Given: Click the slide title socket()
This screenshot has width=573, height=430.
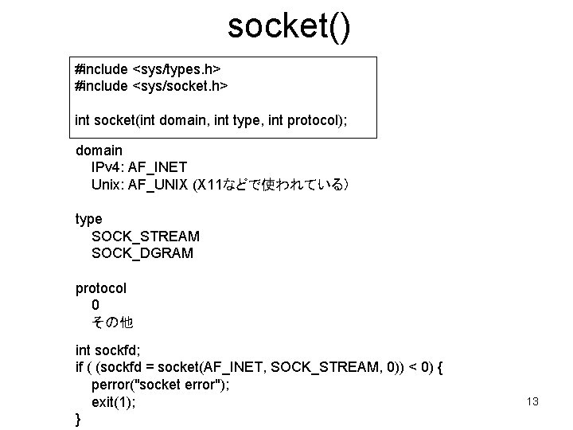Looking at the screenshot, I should click(288, 26).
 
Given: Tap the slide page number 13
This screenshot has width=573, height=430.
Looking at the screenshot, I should click(532, 401).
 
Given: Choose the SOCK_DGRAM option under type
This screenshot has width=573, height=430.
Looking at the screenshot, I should click(142, 254).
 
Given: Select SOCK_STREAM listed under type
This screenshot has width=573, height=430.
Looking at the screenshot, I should click(146, 236).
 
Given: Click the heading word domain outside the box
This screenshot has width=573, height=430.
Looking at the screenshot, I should click(99, 150).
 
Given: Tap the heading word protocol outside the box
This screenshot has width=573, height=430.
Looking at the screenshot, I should click(101, 288).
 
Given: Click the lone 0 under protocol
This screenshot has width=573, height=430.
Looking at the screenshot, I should click(95, 305).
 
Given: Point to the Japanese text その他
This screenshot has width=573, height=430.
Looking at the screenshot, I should click(113, 323).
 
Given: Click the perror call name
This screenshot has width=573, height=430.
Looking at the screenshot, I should click(111, 386).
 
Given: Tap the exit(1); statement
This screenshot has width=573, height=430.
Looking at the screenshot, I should click(114, 403).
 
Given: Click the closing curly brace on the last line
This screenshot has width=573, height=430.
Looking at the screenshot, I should click(77, 419).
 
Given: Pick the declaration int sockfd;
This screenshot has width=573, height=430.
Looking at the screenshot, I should click(107, 351).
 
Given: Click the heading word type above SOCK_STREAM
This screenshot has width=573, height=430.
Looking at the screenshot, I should click(88, 219).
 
